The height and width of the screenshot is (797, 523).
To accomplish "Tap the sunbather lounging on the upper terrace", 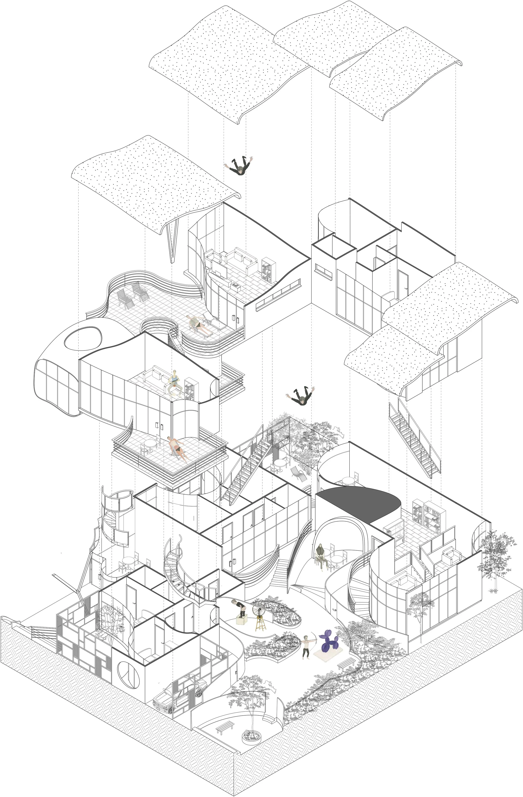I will pyautogui.click(x=197, y=324).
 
